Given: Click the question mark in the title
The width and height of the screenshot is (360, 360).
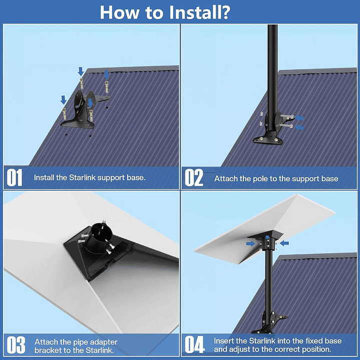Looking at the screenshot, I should tap(223, 12).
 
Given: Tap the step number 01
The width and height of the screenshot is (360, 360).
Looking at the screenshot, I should tap(15, 178).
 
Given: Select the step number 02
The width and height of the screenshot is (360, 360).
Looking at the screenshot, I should tap(194, 178).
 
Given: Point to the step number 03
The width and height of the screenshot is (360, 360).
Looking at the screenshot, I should tap(15, 345).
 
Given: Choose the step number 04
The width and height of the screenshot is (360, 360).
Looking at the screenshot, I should tap(195, 345).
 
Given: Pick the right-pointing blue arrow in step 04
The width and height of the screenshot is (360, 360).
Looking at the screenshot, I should tap(250, 244).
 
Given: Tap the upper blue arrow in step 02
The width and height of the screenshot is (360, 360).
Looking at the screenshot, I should tap(299, 118).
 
